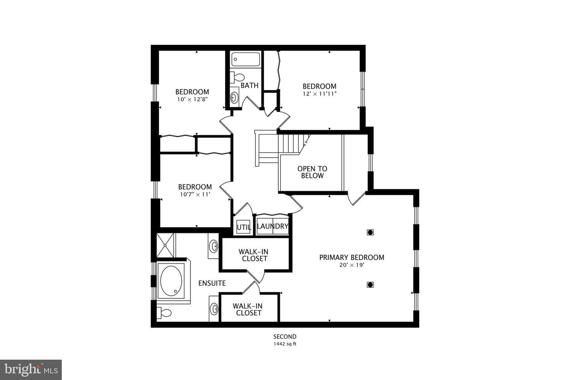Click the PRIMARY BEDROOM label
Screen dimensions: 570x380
(x=351, y=257)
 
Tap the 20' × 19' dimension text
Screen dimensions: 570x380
(x=351, y=265)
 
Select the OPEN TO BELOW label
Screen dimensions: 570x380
(x=312, y=172)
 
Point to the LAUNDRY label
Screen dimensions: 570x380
(x=272, y=226)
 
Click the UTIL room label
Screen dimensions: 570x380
(x=244, y=227)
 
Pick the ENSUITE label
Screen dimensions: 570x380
(x=212, y=283)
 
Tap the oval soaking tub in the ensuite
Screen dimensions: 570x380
(x=171, y=281)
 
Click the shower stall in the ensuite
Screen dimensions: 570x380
(x=165, y=245)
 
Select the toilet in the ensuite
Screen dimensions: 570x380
(x=164, y=313)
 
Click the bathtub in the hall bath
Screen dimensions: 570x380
(x=245, y=59)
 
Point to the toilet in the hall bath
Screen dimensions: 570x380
(x=237, y=77)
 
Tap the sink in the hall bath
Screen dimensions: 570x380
(x=234, y=97)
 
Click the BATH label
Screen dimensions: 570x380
(x=250, y=85)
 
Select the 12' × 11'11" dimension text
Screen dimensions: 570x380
(x=319, y=94)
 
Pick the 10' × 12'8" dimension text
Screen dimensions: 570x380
(x=192, y=99)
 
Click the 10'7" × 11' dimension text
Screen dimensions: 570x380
(x=195, y=194)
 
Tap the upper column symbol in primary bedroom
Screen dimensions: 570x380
(x=370, y=232)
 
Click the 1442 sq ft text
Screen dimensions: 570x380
(x=285, y=344)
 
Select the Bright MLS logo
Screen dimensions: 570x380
(x=31, y=370)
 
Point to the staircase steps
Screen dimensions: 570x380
(x=293, y=144)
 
